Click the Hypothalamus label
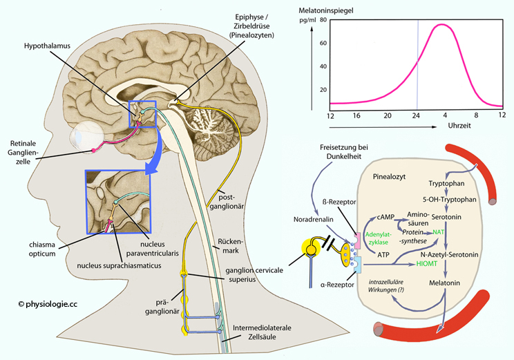point(47,46)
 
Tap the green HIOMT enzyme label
point(426,263)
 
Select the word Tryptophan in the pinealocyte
point(446,183)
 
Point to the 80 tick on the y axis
point(323,20)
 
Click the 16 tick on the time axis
point(356,115)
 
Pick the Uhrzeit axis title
point(459,126)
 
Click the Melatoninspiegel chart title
point(326,10)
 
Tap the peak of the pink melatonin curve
point(441,25)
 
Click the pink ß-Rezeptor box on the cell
point(358,240)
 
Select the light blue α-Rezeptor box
point(358,265)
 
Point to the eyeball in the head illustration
point(88,137)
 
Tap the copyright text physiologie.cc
point(48,304)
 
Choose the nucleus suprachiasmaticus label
point(119,265)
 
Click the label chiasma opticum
point(42,249)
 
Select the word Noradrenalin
point(314,219)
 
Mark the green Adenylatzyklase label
point(379,238)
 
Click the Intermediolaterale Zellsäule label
point(262,332)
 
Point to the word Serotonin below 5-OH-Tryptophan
point(446,217)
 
